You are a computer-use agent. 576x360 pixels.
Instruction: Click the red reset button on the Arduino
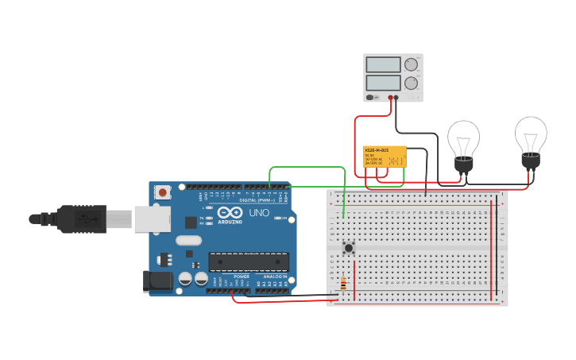click(x=163, y=192)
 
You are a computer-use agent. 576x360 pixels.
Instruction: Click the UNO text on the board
click(x=260, y=213)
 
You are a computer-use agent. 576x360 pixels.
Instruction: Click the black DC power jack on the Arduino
click(x=157, y=280)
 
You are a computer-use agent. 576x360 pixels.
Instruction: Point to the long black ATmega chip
click(x=248, y=261)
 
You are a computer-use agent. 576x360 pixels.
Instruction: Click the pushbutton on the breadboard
click(x=348, y=248)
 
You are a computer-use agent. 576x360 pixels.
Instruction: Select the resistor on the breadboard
click(x=342, y=284)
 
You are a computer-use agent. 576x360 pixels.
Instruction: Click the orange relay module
click(x=385, y=157)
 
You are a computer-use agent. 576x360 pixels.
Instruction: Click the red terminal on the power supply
click(x=390, y=97)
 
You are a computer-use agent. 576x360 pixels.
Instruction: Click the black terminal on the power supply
click(x=396, y=97)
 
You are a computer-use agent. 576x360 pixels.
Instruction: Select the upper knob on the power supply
click(x=411, y=64)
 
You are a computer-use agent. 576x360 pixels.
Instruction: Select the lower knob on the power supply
click(x=411, y=82)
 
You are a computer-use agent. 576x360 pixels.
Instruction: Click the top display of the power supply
click(x=383, y=64)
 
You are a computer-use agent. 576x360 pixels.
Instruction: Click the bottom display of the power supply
click(x=383, y=82)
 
